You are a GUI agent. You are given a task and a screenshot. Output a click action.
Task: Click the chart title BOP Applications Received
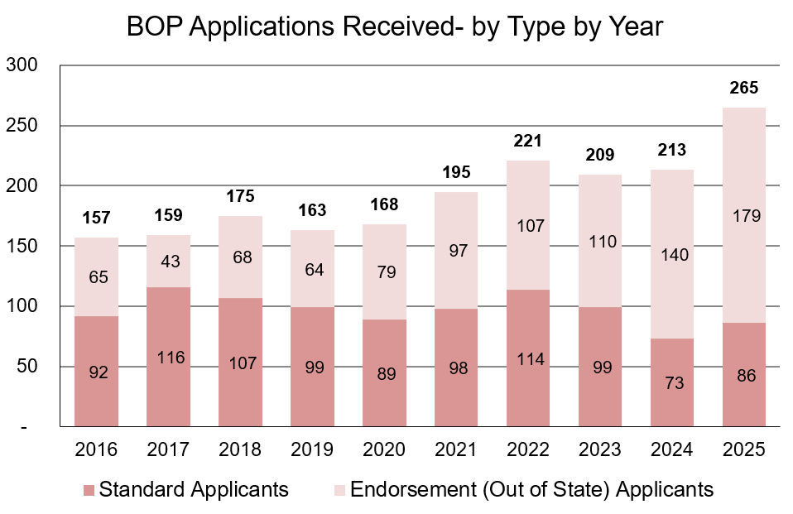pyautogui.click(x=395, y=26)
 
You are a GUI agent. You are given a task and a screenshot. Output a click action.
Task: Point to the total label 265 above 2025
pyautogui.click(x=743, y=89)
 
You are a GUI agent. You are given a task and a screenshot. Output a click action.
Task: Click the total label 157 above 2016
pyautogui.click(x=96, y=218)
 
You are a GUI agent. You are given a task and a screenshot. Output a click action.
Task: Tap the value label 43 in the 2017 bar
pyautogui.click(x=168, y=261)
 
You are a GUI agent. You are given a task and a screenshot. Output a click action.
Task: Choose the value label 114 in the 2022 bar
pyautogui.click(x=527, y=358)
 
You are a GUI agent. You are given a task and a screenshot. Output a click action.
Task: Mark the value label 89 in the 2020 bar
pyautogui.click(x=384, y=373)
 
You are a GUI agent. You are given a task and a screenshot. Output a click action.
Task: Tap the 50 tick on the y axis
pyautogui.click(x=26, y=366)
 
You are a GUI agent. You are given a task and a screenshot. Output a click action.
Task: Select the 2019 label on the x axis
pyautogui.click(x=312, y=450)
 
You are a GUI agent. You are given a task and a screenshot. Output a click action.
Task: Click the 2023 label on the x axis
pyautogui.click(x=599, y=450)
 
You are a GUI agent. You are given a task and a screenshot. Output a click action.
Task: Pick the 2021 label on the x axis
pyautogui.click(x=456, y=450)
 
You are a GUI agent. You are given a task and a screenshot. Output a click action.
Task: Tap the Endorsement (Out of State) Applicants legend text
pyautogui.click(x=531, y=490)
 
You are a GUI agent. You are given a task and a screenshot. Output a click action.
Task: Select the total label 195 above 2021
pyautogui.click(x=456, y=172)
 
